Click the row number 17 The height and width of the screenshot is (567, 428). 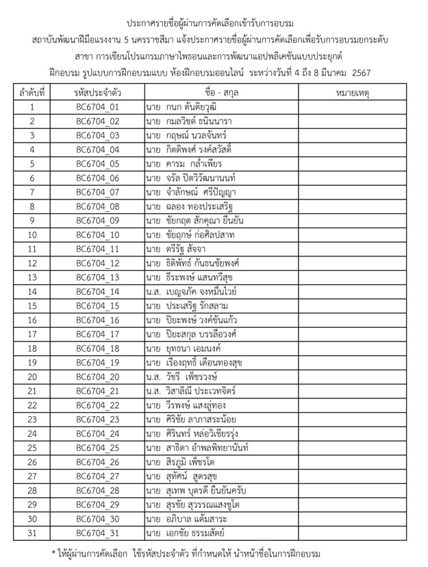[x=32, y=334]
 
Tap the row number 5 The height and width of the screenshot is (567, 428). [x=32, y=164]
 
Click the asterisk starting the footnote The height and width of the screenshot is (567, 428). [x=54, y=553]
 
